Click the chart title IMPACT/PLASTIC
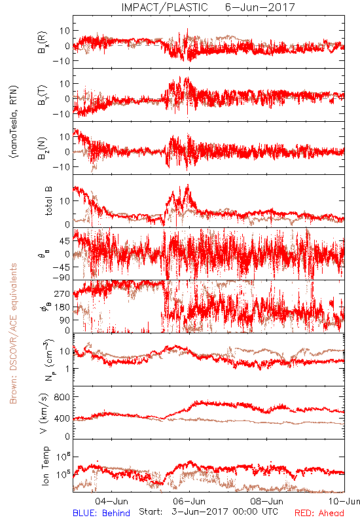pos(164,7)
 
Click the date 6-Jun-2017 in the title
pos(260,7)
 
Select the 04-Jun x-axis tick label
pos(111,501)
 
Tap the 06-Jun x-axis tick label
pos(189,501)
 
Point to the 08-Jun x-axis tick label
pos(267,501)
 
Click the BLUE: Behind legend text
pos(101,513)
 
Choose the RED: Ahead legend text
pos(319,513)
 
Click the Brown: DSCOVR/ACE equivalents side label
pos(13,333)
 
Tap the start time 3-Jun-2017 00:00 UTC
pos(225,512)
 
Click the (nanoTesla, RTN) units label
pos(14,121)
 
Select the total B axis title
pos(48,201)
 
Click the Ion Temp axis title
pos(45,466)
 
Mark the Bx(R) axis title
pos(43,43)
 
